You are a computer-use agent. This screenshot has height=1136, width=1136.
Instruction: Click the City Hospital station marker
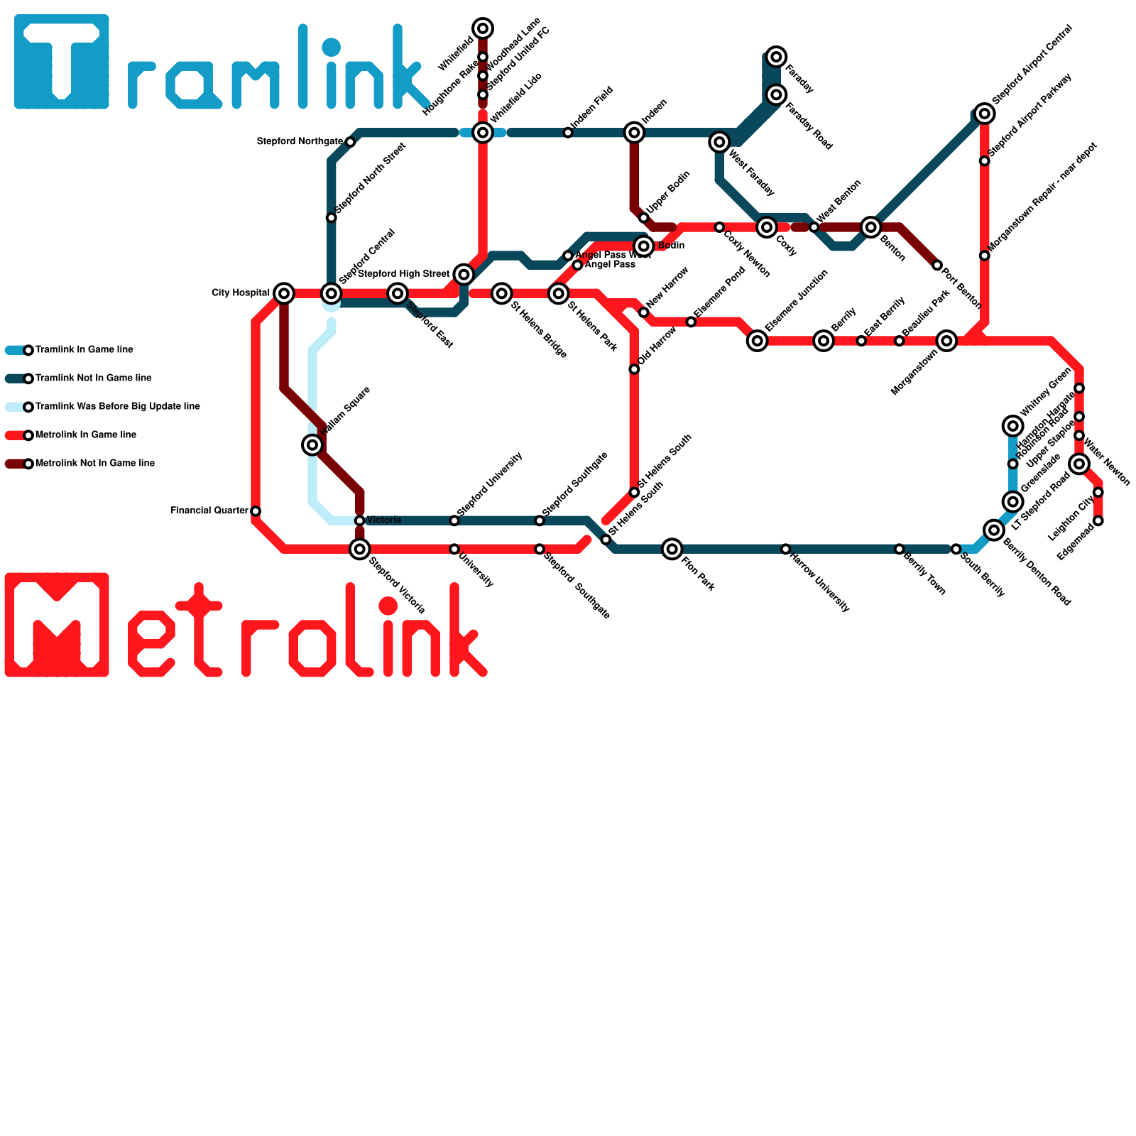284,293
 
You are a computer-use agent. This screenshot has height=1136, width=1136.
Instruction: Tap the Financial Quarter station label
209,510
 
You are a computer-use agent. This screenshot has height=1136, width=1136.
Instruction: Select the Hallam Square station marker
312,445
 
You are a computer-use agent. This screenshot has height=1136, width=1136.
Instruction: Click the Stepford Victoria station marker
360,549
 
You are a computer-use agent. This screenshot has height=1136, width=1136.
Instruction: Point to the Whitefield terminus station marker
483,28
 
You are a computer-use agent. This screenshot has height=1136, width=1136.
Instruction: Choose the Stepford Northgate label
300,142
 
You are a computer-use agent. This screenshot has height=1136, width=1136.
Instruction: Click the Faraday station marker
777,57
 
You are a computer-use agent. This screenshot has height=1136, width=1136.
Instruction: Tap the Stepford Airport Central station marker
985,114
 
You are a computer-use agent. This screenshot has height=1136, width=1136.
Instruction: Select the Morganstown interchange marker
946,341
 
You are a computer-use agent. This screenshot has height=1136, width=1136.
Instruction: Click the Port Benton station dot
937,266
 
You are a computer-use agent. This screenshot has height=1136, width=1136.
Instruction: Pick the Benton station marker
871,227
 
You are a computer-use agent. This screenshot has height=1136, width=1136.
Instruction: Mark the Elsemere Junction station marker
758,341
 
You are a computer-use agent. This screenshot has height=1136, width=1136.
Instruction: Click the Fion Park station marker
672,549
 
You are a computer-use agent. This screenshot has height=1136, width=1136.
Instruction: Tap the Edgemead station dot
1098,521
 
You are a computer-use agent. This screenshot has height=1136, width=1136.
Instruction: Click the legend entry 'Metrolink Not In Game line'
94,464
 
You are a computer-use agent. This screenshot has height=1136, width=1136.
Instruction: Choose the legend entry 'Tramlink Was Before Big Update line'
117,407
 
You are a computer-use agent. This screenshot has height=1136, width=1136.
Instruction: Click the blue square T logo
62,62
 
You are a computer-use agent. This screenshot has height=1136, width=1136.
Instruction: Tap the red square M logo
57,625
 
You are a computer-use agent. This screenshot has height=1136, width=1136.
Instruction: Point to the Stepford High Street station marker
464,275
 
